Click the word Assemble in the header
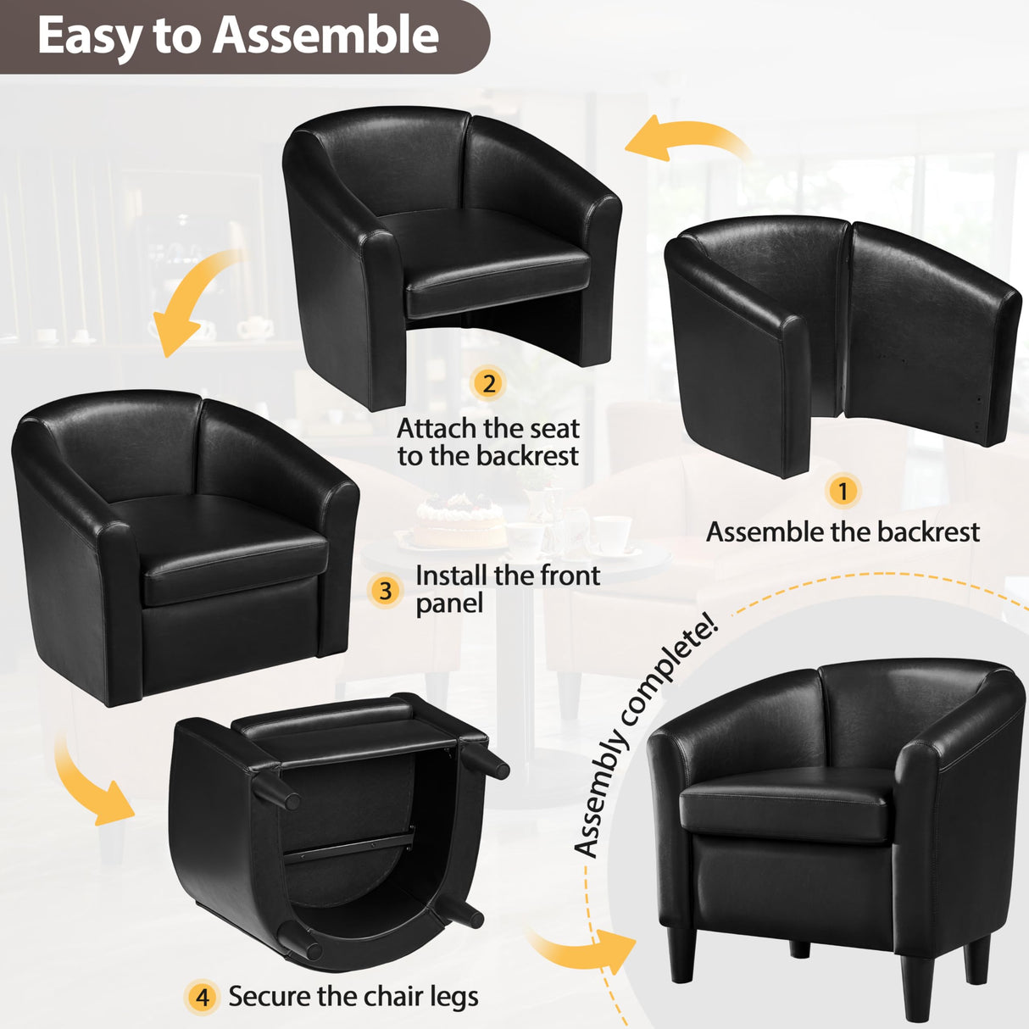pyautogui.click(x=325, y=36)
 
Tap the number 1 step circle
pyautogui.click(x=843, y=491)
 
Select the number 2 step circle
pyautogui.click(x=488, y=383)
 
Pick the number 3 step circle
pyautogui.click(x=386, y=590)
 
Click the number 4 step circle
pyautogui.click(x=202, y=997)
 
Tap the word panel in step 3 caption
pyautogui.click(x=449, y=603)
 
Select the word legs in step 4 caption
pyautogui.click(x=454, y=998)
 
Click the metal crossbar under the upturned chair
pyautogui.click(x=348, y=847)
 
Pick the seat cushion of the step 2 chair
pyautogui.click(x=496, y=270)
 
